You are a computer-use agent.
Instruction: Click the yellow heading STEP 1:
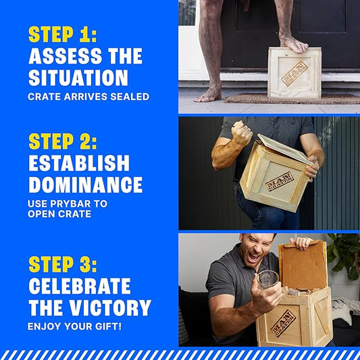tap(62, 34)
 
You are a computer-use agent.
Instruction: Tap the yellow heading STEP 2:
tap(63, 141)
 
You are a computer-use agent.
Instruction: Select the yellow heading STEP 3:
tap(63, 265)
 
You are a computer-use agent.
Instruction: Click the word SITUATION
tap(78, 78)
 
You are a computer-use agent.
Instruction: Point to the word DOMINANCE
tap(86, 185)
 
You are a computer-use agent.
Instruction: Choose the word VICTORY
tap(110, 307)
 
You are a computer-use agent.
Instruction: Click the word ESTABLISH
tap(79, 163)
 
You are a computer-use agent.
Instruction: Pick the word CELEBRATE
tap(80, 286)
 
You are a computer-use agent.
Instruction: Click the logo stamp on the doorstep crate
tap(294, 73)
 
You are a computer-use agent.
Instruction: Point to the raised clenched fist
tap(242, 132)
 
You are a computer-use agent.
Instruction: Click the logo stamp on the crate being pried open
tap(280, 181)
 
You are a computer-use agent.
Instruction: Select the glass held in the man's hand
tap(267, 280)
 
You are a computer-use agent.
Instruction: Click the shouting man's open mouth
tap(254, 257)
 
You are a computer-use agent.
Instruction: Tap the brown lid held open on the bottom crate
tap(303, 265)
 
